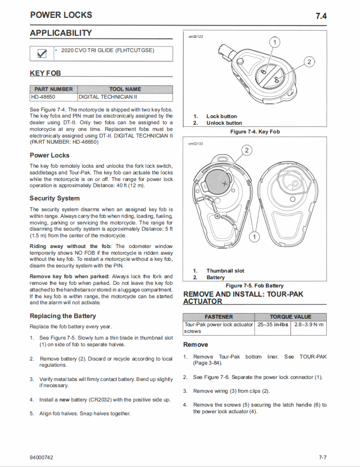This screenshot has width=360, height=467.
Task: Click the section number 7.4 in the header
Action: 321,16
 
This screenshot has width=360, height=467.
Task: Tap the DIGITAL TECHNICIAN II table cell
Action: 108,97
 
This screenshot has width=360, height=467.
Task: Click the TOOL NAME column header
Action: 125,89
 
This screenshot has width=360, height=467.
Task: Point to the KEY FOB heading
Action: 45,74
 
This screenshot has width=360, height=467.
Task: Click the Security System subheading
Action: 54,198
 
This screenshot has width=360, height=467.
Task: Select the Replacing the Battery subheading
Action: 63,316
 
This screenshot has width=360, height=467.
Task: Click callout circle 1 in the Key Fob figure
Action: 275,42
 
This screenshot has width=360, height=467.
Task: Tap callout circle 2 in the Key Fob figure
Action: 309,62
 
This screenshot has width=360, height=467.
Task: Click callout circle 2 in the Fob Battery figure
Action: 246,150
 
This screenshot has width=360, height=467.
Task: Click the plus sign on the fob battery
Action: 224,182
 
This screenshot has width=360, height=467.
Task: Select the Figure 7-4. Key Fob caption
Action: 255,132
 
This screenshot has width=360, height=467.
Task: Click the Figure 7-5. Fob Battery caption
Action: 254,285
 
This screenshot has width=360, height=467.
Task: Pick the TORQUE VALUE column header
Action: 290,317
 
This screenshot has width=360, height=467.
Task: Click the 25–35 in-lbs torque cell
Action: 273,324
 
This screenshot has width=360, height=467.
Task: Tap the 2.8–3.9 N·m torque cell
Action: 308,324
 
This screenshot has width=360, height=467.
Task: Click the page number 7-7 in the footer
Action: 322,457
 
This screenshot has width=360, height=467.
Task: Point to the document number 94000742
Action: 41,457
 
